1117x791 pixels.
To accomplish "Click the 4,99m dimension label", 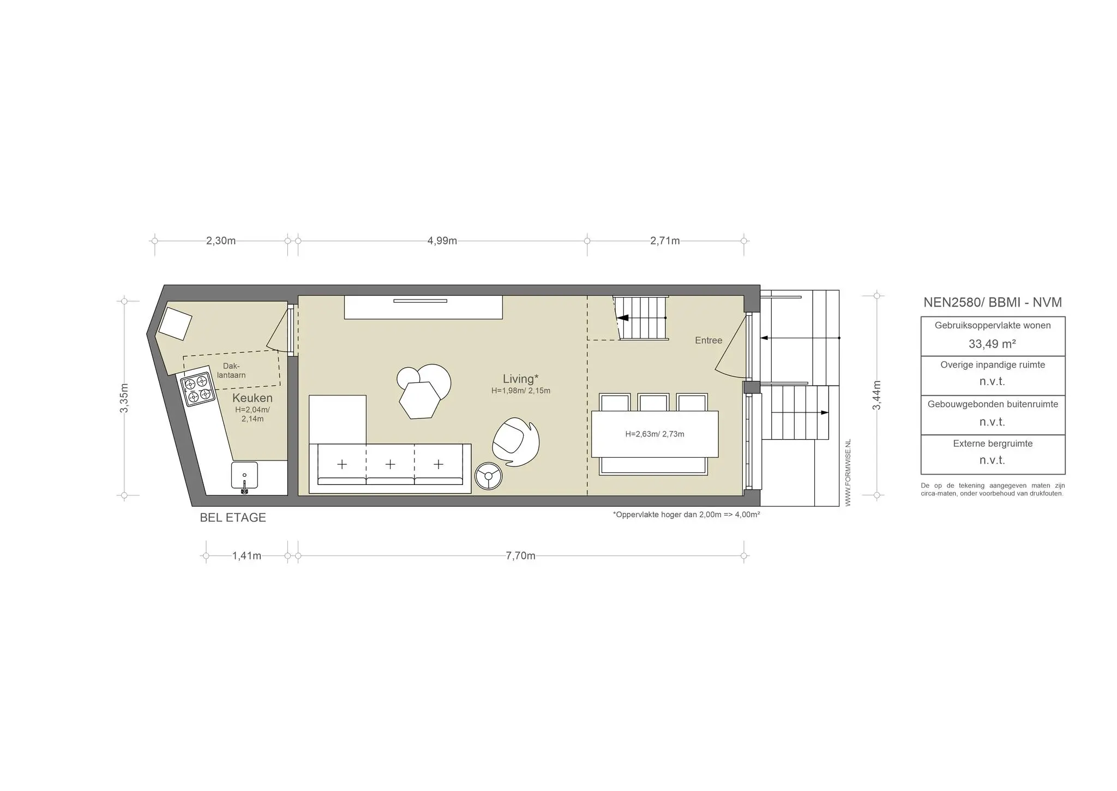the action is (x=442, y=241).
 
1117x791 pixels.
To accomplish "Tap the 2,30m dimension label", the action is (x=221, y=241).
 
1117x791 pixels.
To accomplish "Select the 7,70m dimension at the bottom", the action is (x=521, y=556).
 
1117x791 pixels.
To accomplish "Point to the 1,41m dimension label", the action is (x=247, y=556).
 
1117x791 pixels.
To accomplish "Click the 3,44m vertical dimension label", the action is (x=876, y=395).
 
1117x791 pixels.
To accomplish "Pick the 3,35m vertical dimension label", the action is (x=124, y=398).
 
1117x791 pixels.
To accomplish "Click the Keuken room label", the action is (x=253, y=398).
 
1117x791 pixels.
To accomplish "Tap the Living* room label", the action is (x=521, y=379).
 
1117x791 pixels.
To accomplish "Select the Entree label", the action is (x=708, y=340).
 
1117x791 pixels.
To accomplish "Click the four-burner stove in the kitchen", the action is (x=197, y=389).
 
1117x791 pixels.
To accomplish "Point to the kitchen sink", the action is (x=244, y=476).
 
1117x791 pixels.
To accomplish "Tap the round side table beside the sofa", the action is (x=488, y=476).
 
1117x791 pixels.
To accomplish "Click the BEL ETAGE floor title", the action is (x=233, y=518).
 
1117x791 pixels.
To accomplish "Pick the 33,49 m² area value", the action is (x=992, y=344).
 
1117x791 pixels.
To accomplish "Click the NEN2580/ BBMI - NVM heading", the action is (x=993, y=302).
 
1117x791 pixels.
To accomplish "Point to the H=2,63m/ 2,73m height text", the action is (x=654, y=434).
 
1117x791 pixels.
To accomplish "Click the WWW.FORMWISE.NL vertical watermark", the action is (x=848, y=472).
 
